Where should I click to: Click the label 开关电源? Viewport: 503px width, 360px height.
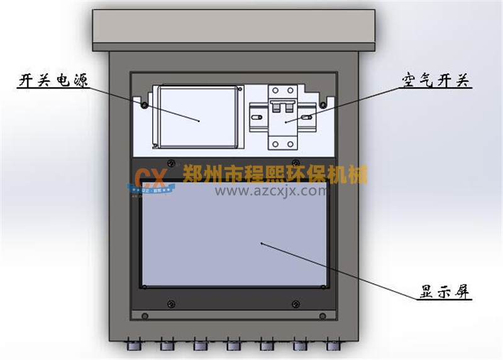click(53, 81)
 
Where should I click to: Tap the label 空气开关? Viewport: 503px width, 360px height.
click(436, 81)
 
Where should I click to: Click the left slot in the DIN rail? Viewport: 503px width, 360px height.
click(257, 117)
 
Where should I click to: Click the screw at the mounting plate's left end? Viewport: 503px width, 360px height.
click(145, 104)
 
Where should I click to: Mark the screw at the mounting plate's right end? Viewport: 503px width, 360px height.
click(323, 104)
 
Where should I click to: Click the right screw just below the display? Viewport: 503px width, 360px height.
click(295, 305)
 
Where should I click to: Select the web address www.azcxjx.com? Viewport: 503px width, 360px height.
click(272, 189)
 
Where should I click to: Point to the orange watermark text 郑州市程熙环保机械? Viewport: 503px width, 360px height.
click(275, 173)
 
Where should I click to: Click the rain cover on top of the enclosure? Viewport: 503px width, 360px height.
click(235, 29)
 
